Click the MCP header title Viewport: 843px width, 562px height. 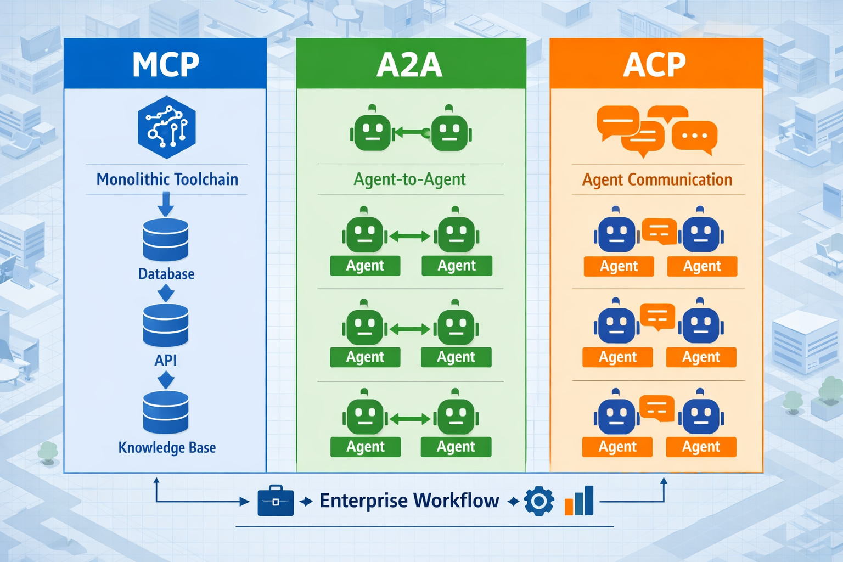165,65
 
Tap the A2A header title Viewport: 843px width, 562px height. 410,65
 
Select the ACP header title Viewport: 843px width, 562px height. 655,65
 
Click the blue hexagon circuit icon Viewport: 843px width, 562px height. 167,127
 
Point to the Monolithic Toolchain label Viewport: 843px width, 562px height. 167,179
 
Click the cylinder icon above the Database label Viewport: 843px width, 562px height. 166,240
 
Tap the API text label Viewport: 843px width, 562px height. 166,360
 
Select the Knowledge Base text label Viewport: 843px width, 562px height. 167,447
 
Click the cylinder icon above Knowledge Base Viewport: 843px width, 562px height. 166,413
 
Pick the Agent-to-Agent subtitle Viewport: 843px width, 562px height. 410,179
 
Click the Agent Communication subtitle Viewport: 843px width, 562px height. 657,179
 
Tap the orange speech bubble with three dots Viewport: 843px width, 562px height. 694,136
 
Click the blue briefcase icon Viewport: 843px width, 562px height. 276,501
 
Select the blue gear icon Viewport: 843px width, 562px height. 539,501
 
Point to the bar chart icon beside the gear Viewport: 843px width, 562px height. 580,501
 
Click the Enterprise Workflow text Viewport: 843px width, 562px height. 409,501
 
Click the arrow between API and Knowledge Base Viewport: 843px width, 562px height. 166,380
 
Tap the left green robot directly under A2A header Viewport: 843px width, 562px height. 372,131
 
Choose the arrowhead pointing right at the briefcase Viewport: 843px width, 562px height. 244,501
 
